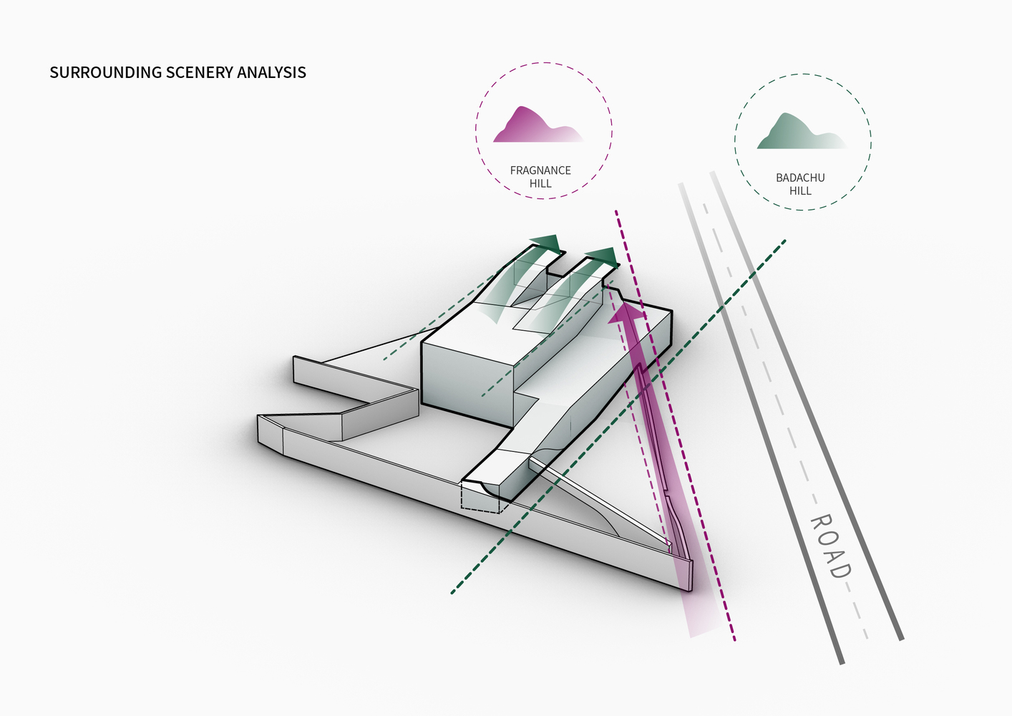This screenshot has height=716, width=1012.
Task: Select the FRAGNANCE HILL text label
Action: pos(540,177)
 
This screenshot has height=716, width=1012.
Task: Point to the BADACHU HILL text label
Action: pos(800,184)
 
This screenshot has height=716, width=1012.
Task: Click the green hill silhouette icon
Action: pos(798,132)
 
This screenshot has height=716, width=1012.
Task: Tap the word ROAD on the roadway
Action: pos(830,546)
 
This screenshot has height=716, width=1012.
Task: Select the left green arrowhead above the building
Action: pos(548,243)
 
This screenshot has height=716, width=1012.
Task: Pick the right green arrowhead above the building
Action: pos(603,256)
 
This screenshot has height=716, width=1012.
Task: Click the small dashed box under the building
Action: pos(481,497)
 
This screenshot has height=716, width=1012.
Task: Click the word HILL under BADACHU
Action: pos(800,191)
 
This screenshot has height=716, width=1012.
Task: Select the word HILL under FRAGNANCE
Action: pos(540,184)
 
